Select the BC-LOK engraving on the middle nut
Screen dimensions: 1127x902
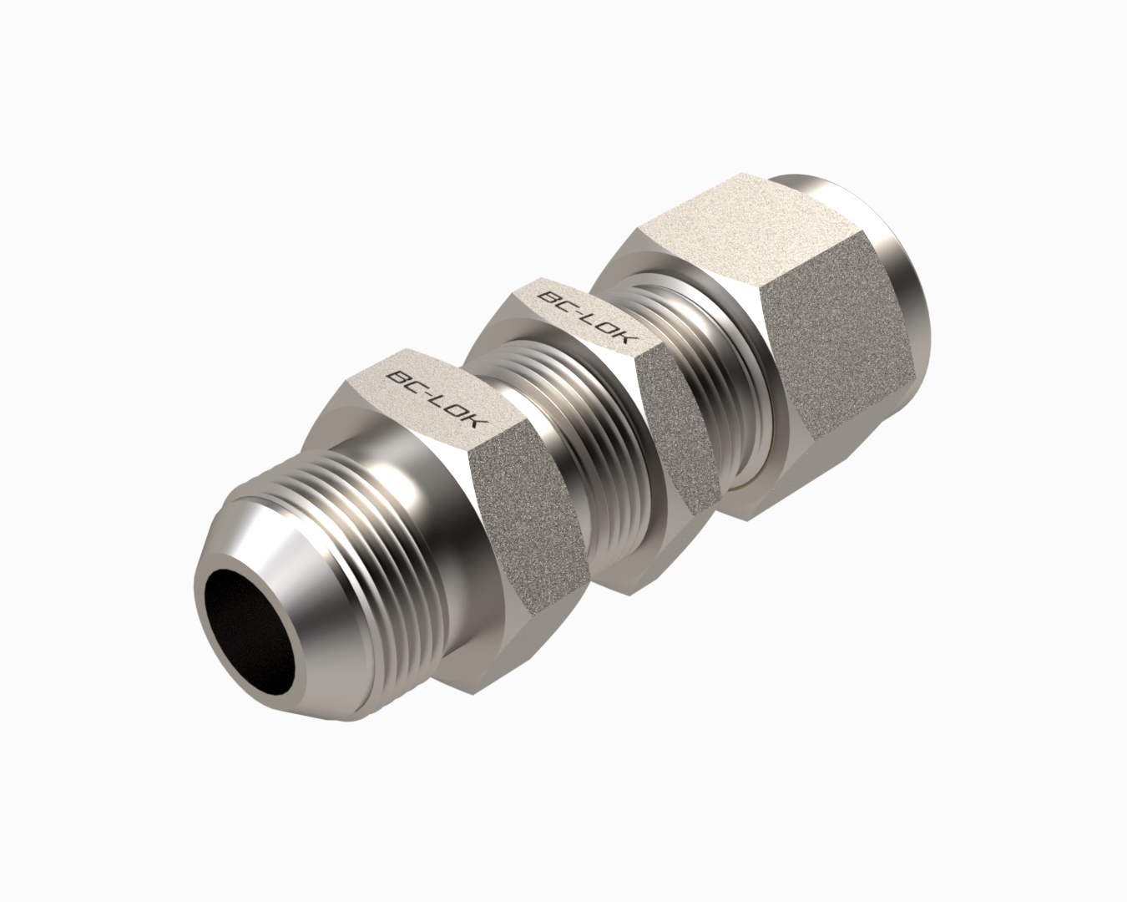pyautogui.click(x=588, y=318)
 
